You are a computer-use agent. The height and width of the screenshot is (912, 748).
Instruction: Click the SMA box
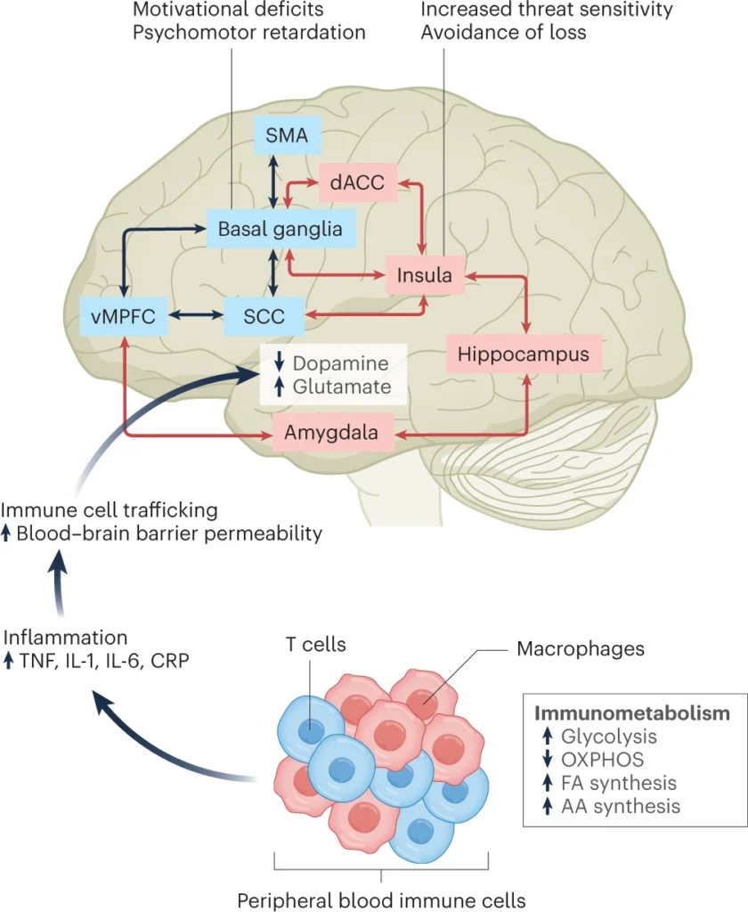click(x=288, y=135)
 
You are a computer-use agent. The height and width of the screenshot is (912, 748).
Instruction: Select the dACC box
click(x=357, y=183)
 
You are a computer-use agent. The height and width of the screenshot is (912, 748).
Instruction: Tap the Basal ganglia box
click(x=280, y=229)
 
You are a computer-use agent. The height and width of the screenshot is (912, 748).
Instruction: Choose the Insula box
click(x=425, y=275)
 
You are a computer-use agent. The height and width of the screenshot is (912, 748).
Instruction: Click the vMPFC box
click(x=124, y=316)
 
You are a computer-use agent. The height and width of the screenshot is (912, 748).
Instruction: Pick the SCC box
click(x=264, y=316)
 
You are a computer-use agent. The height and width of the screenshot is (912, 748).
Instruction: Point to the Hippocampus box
click(x=524, y=354)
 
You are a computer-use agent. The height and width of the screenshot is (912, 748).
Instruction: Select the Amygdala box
click(x=331, y=432)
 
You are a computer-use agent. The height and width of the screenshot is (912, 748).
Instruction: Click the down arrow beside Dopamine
click(x=280, y=362)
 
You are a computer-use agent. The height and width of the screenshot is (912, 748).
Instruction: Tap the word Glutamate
click(x=341, y=387)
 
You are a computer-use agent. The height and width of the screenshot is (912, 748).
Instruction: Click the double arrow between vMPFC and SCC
click(x=196, y=315)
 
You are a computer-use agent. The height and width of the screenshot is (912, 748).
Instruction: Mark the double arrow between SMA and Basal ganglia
click(x=272, y=182)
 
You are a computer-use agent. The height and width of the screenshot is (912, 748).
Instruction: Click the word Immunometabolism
click(x=631, y=713)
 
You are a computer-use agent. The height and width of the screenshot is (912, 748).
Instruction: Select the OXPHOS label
click(x=602, y=760)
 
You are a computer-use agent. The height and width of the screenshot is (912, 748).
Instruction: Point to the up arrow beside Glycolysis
click(x=547, y=736)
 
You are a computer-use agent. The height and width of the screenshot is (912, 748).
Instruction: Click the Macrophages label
click(x=581, y=648)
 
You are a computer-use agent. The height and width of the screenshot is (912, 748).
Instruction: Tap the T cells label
click(x=316, y=645)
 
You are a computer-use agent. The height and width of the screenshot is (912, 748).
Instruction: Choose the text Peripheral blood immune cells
click(x=381, y=900)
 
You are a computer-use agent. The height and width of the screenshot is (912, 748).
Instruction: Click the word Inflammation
click(x=65, y=638)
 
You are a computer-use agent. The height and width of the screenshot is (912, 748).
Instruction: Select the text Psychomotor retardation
click(x=249, y=33)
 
